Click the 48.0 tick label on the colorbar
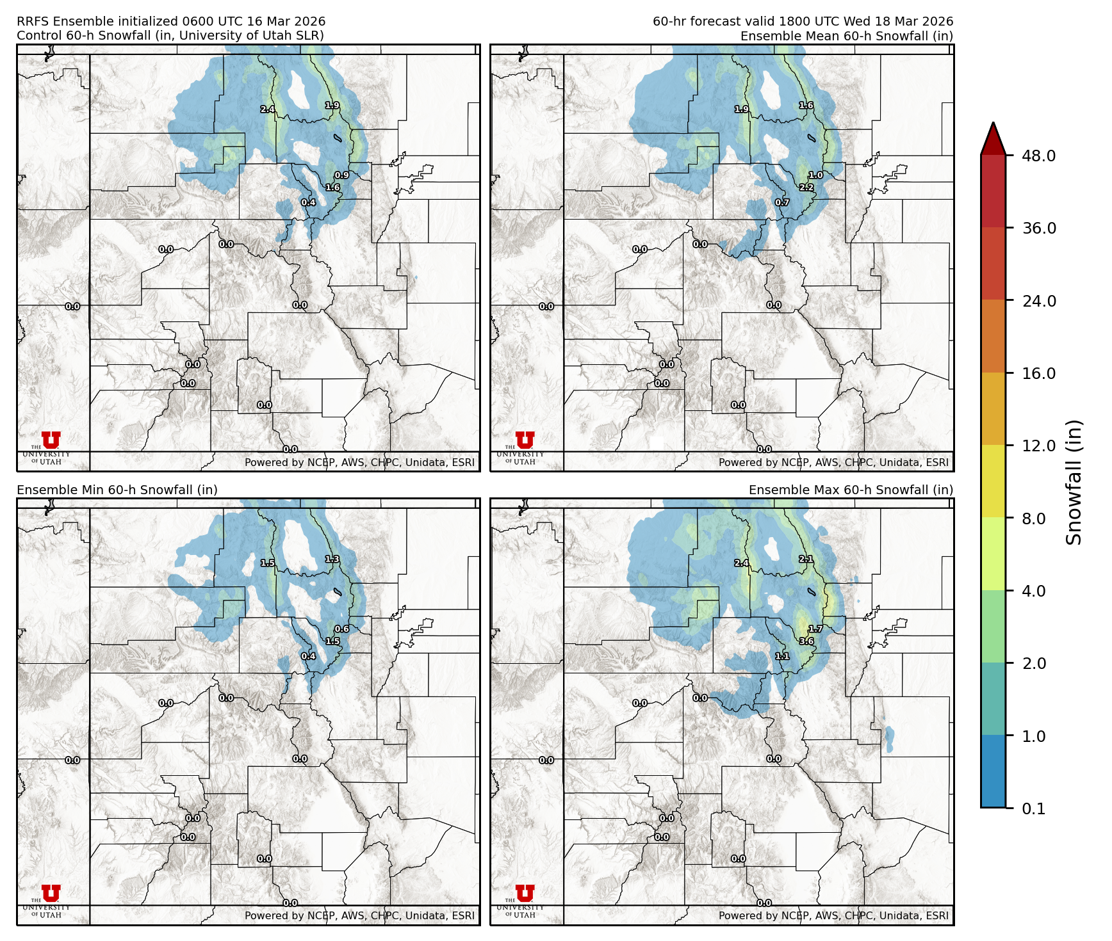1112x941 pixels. pyautogui.click(x=1038, y=156)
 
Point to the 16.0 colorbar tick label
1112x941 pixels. pyautogui.click(x=1038, y=373)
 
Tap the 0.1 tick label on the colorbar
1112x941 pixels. pyautogui.click(x=1033, y=808)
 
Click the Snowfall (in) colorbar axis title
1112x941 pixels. pyautogui.click(x=1074, y=481)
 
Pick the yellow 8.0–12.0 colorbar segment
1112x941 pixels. pyautogui.click(x=993, y=481)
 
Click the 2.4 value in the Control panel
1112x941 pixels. pyautogui.click(x=268, y=109)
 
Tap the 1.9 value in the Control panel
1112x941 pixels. pyautogui.click(x=332, y=106)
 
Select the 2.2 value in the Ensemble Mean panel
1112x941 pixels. pyautogui.click(x=806, y=188)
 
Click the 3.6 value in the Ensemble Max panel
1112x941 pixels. pyautogui.click(x=806, y=641)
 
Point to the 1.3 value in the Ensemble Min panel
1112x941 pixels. pyautogui.click(x=332, y=559)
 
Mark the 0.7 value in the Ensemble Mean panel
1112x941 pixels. pyautogui.click(x=782, y=203)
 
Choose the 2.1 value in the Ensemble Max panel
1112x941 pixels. pyautogui.click(x=806, y=559)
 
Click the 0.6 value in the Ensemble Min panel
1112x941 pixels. pyautogui.click(x=342, y=629)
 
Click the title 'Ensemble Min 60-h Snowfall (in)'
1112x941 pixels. pyautogui.click(x=117, y=490)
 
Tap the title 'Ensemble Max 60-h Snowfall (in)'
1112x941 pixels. pyautogui.click(x=851, y=490)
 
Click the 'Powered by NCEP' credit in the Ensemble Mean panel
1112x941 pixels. pyautogui.click(x=833, y=462)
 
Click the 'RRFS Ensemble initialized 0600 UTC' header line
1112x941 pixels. pyautogui.click(x=171, y=22)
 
